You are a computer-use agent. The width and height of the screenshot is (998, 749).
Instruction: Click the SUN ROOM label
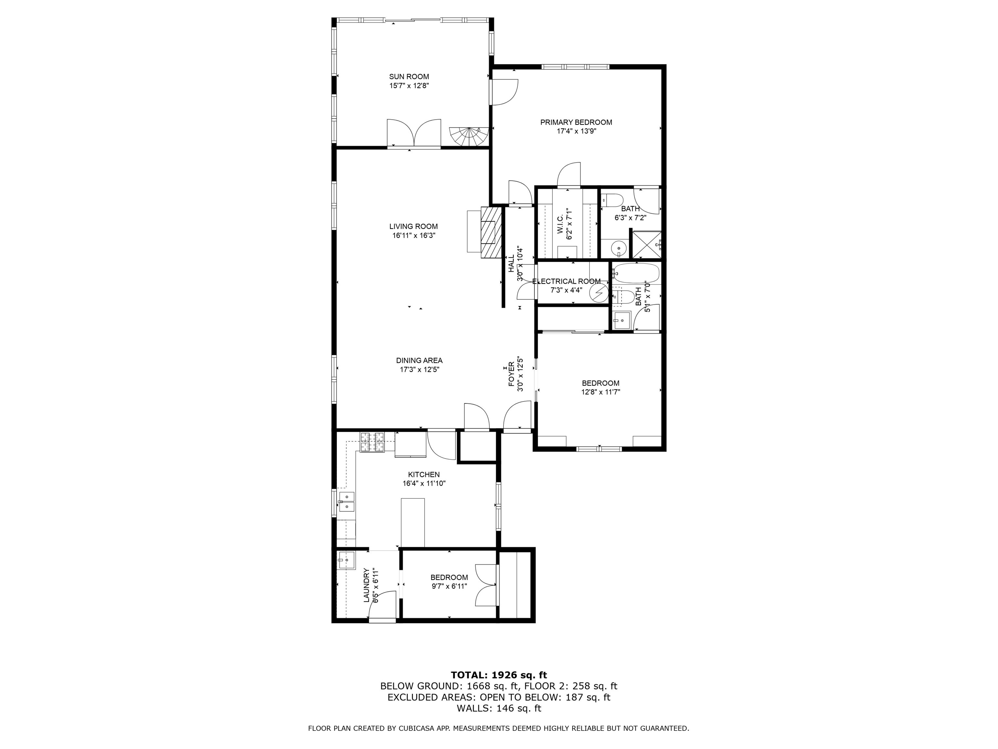click(409, 77)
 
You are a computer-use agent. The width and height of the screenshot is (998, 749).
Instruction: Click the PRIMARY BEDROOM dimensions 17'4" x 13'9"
click(576, 131)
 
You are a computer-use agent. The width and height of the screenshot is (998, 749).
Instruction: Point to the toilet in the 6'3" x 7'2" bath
click(613, 200)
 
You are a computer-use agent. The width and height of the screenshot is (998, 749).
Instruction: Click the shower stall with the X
click(646, 246)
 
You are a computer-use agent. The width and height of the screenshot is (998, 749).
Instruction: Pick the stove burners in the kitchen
click(372, 442)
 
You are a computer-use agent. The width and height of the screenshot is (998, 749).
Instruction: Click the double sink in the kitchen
click(347, 502)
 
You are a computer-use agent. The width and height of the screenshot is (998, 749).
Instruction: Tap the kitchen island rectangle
click(413, 522)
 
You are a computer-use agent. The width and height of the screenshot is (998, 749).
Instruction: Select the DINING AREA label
click(419, 360)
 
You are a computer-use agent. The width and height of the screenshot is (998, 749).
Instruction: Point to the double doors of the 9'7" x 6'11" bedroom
click(486, 585)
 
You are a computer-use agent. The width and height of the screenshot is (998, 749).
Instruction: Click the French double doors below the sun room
click(414, 133)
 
